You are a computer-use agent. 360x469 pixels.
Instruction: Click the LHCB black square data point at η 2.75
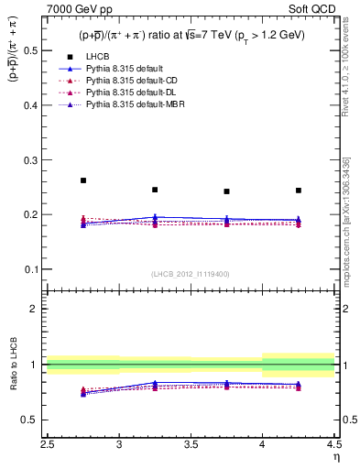[83, 180]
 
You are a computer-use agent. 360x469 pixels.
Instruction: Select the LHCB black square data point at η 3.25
[155, 190]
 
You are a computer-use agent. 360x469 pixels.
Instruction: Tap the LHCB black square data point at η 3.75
[226, 191]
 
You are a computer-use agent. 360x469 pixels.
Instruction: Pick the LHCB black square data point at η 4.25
[299, 191]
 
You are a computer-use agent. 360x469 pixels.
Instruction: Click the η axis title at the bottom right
[336, 455]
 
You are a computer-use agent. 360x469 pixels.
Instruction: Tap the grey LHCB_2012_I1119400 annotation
[191, 274]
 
